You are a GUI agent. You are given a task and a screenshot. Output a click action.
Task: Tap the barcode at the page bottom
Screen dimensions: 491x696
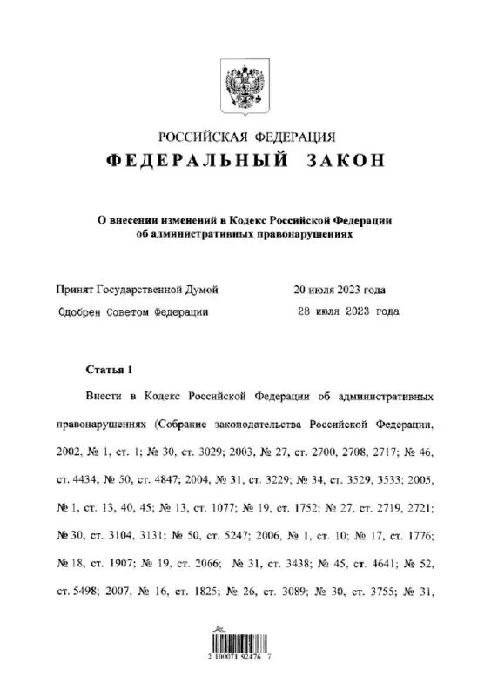[x=245, y=646]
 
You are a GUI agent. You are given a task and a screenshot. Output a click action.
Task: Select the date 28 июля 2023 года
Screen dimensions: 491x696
[x=349, y=311]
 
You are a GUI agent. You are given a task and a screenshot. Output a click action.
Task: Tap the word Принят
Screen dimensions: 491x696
[x=76, y=290]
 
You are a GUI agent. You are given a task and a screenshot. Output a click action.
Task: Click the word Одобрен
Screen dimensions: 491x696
[x=81, y=311]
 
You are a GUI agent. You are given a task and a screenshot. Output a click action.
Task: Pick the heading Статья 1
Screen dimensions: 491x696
[x=108, y=369]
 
